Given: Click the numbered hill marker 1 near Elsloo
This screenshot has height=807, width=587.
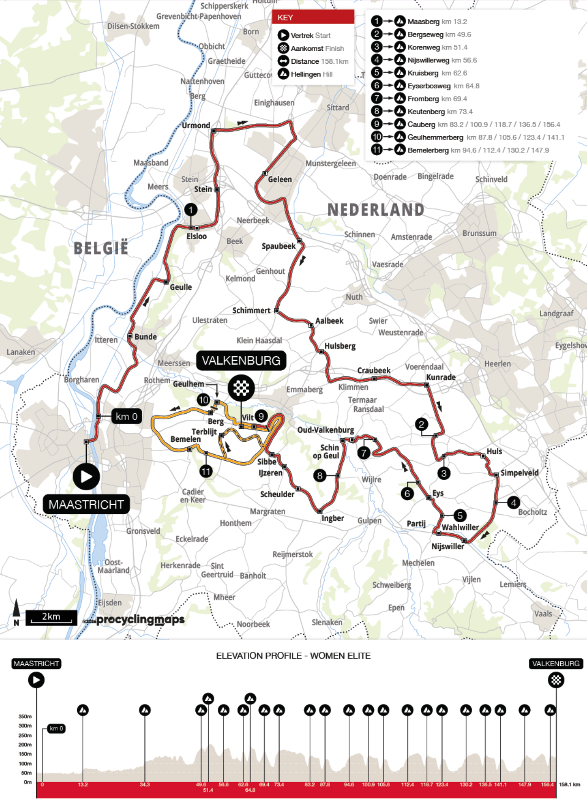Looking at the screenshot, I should coord(191,210).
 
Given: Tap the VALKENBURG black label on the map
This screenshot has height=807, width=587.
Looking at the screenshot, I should coord(241,361).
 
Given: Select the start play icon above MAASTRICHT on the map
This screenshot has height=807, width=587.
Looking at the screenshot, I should coord(86,476).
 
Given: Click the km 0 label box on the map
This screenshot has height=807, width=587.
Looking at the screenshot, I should coord(126,416).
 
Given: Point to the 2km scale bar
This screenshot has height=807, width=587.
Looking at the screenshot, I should coord(51,617).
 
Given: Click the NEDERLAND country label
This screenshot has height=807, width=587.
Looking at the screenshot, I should coord(376,210).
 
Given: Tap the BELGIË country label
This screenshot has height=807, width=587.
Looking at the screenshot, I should coord(101,248).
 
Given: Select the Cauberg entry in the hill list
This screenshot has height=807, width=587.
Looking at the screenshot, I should coord(421,124).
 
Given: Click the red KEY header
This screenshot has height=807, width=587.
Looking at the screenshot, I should coord(313,18).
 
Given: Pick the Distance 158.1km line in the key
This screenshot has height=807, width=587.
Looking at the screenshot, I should coord(319,61).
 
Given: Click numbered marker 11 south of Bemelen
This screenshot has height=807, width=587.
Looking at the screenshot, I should coord(206,471).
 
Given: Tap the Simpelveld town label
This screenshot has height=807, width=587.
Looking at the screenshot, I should coord(519,473).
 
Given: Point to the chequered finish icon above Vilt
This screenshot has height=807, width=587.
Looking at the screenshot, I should coord(241,387).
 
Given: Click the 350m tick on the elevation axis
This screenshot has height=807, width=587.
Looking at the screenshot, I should coord(25,717).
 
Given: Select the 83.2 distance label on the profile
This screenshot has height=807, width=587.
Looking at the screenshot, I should coord(310,784).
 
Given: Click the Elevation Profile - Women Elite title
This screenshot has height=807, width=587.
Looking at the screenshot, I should coord(293,656).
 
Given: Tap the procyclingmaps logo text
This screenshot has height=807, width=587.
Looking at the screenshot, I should coord(140,620).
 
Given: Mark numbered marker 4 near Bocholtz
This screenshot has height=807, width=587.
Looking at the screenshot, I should coord(513,502).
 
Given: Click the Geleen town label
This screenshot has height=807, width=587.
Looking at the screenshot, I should coord(280,179).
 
